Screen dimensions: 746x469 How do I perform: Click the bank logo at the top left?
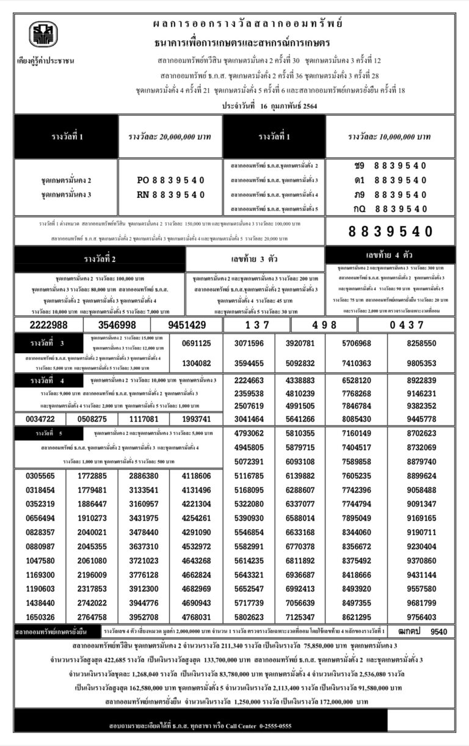coord(43,35)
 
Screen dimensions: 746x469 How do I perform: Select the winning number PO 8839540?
coord(170,180)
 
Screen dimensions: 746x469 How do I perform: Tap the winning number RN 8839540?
coord(170,194)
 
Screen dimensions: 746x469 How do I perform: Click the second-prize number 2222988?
coord(48,325)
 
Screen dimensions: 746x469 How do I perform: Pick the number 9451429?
coord(186,325)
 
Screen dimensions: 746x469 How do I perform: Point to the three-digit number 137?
coord(256,325)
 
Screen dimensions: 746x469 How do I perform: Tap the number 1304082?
coord(197,363)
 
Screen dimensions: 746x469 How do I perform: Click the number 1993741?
coord(197,419)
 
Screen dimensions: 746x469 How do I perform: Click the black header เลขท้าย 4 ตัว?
coord(390,255)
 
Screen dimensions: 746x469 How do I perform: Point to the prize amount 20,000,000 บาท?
coord(170,136)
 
